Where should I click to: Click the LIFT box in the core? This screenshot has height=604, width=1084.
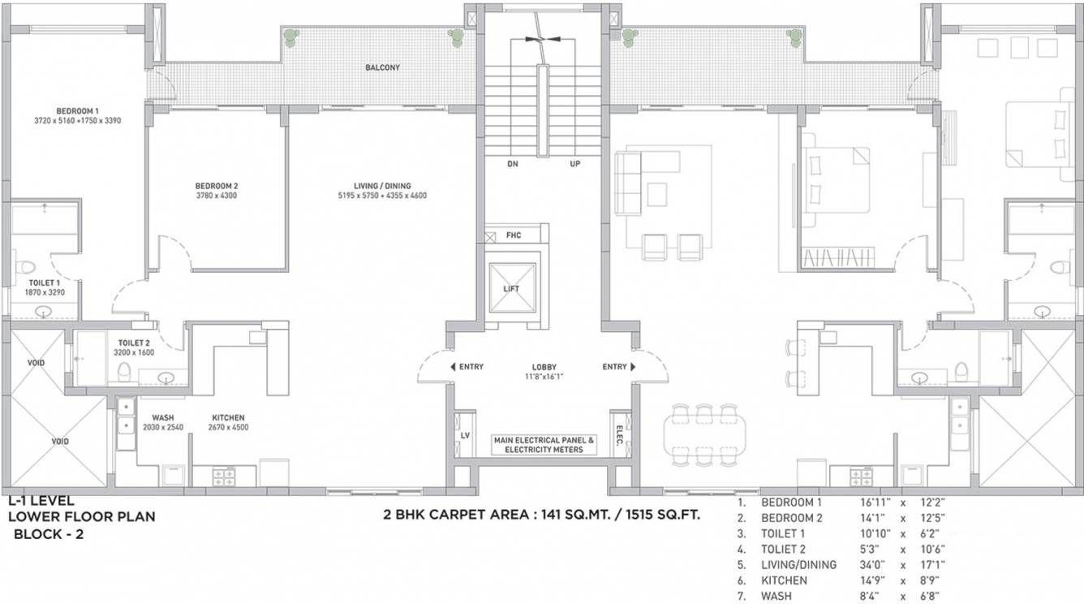click(x=511, y=288)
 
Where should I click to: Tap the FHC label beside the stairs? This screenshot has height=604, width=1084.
click(x=514, y=235)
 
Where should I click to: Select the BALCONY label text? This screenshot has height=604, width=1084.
click(x=382, y=68)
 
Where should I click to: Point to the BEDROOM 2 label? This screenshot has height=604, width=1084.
click(x=216, y=185)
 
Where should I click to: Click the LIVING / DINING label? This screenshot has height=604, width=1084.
click(x=382, y=185)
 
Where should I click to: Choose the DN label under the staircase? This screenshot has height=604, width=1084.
click(x=512, y=164)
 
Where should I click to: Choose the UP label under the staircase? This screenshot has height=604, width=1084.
click(x=575, y=164)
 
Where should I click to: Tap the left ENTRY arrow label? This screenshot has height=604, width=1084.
click(x=467, y=367)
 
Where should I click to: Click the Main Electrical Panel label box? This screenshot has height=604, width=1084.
click(x=544, y=444)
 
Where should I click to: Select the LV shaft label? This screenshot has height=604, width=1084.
click(x=465, y=435)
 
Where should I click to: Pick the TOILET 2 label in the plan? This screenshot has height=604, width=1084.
click(x=131, y=343)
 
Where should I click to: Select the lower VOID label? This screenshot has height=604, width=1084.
click(x=37, y=441)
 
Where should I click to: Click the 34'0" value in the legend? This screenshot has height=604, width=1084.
click(x=875, y=564)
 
